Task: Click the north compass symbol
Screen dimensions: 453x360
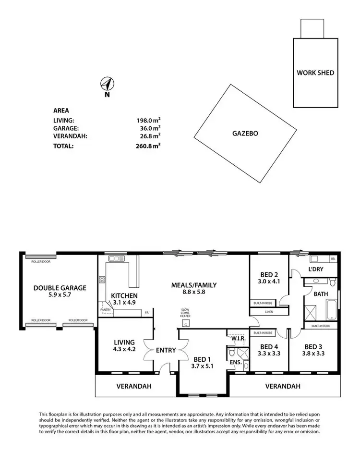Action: coord(108,85)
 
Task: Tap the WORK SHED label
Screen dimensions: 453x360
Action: coord(315,73)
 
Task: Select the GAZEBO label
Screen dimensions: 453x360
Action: coord(245,134)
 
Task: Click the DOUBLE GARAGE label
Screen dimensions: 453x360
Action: coord(60,288)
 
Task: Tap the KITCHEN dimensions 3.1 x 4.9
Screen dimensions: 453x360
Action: coord(124,303)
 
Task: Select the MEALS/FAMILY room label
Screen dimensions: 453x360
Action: coord(194,285)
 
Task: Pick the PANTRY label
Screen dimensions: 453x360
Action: coord(106,310)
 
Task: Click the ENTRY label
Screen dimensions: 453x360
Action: coord(166,350)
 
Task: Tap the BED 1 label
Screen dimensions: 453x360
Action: coord(202,359)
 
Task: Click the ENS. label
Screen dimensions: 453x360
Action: coord(235,362)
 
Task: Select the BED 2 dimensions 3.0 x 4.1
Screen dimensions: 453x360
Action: coord(269,282)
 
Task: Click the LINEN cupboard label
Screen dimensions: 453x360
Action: coord(269,312)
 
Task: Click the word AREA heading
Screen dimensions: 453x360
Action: coord(61,110)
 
